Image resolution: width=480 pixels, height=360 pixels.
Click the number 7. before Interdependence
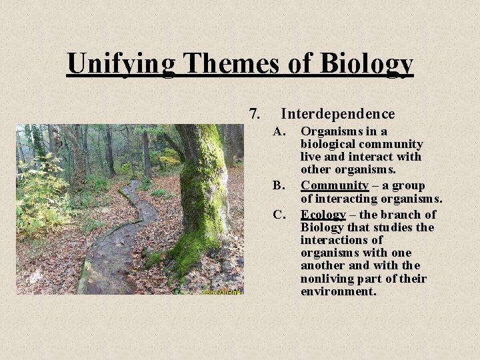254,114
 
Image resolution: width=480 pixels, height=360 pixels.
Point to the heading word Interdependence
338,114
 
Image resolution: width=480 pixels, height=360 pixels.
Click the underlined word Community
334,185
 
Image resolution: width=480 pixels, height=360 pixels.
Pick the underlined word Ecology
323,215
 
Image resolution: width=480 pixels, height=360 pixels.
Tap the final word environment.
337,291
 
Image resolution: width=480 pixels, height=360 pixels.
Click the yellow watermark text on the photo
221,291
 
